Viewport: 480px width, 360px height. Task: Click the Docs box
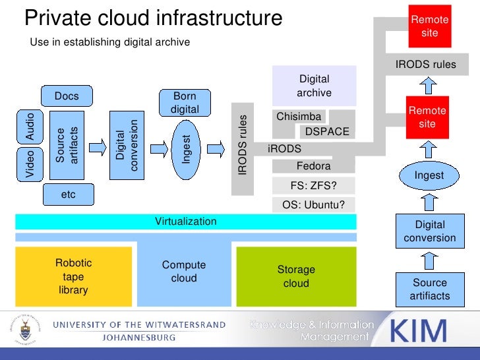click(x=67, y=96)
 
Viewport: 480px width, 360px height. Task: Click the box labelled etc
click(x=68, y=195)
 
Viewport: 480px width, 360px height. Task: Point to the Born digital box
click(x=185, y=102)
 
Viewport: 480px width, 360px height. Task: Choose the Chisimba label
click(x=299, y=117)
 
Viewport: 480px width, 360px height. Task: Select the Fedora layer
click(x=313, y=165)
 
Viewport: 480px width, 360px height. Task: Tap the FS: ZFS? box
click(x=314, y=185)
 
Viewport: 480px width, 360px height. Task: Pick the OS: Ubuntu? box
click(x=314, y=204)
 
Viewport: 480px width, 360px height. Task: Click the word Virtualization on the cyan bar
click(x=185, y=222)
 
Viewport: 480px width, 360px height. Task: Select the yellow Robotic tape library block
click(x=73, y=276)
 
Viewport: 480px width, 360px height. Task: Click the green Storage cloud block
click(x=296, y=276)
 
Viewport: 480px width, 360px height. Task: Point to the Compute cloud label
click(x=184, y=271)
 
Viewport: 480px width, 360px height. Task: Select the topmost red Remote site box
click(x=429, y=26)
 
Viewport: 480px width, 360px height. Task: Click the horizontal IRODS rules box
click(x=425, y=65)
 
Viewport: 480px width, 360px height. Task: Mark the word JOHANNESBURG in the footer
click(x=138, y=337)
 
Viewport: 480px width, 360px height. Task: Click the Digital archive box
click(x=314, y=86)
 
